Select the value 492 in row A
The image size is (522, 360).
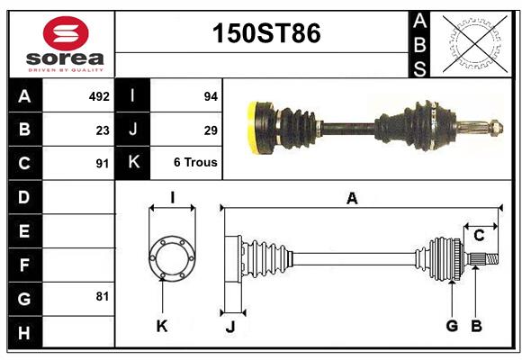point(99,95)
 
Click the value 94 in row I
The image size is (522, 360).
point(211,95)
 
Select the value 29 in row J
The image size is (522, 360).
point(211,130)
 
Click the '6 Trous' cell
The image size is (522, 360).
point(195,163)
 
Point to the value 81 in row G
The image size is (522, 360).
point(102,295)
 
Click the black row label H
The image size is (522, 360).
point(24,333)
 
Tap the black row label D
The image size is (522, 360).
point(24,196)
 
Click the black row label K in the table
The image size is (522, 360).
point(133,163)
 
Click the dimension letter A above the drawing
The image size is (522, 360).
point(352,199)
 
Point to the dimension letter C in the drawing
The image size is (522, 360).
point(479,235)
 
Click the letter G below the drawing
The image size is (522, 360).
point(452,325)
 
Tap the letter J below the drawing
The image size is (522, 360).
point(229,328)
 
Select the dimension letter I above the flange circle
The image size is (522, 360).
point(171,197)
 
